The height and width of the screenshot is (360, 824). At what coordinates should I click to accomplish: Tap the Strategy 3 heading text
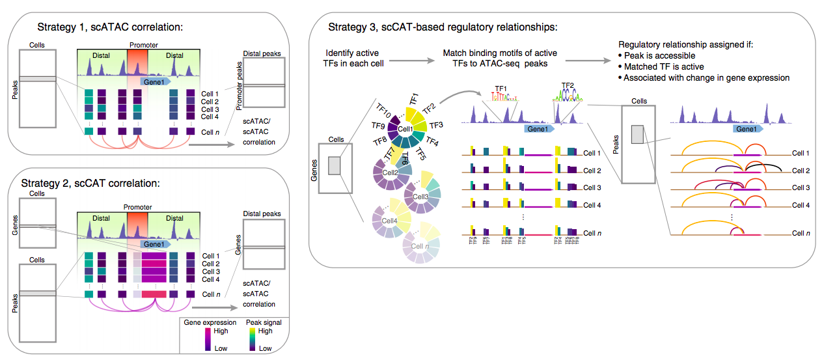click(443, 27)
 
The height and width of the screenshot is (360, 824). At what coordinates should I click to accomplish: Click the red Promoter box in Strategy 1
click(137, 62)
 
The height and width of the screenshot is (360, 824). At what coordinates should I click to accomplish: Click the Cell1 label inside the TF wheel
click(405, 130)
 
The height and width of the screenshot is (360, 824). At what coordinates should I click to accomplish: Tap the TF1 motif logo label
click(501, 87)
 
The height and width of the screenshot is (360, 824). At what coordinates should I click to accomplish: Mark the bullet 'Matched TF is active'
click(663, 66)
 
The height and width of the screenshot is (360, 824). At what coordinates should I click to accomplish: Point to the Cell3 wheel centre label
click(420, 196)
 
